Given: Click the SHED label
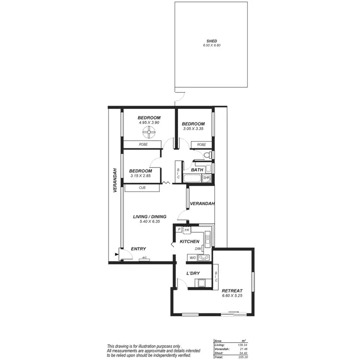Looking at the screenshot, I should [x=212, y=41].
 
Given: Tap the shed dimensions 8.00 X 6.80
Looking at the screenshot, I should [x=212, y=46].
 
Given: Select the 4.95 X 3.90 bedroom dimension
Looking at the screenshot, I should [x=149, y=123].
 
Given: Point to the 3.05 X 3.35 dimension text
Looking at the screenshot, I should [x=193, y=129].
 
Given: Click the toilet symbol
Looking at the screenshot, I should [x=207, y=155].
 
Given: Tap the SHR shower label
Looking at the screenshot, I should [x=206, y=178].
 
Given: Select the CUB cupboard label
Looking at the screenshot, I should [x=142, y=188].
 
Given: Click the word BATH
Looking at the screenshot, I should [x=197, y=170].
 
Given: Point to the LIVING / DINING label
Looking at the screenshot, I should [x=150, y=216].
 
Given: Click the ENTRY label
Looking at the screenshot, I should [x=139, y=249].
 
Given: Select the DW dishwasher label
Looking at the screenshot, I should [x=198, y=249].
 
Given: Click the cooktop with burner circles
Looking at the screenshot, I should [x=204, y=258].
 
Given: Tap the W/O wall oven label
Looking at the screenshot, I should [x=192, y=258].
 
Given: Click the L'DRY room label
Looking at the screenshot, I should [x=193, y=274].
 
